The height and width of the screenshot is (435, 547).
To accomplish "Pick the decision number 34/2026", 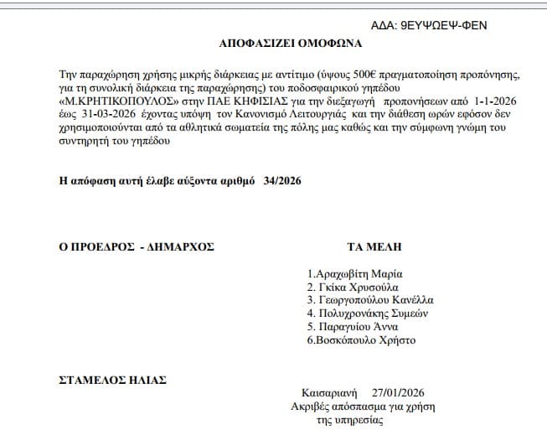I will (x=281, y=180).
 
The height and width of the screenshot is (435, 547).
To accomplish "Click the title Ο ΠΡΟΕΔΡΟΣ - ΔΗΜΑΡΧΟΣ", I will (x=137, y=246).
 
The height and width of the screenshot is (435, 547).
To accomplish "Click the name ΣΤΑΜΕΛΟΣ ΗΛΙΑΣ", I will (x=112, y=380).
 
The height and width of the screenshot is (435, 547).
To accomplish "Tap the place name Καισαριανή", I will (x=329, y=392).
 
